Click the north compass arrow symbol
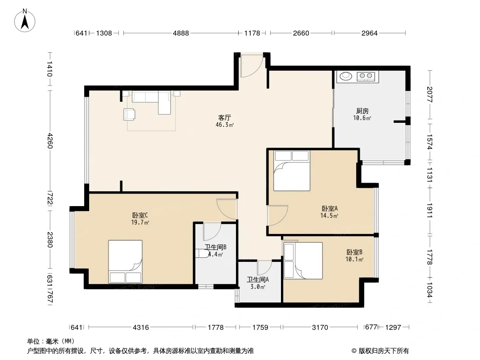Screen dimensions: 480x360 [25, 21]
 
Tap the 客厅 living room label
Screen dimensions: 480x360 [224, 118]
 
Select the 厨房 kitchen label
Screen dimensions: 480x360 [362, 111]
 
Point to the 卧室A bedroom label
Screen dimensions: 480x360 [330, 209]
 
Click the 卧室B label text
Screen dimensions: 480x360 [354, 252]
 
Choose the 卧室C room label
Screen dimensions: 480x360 [140, 216]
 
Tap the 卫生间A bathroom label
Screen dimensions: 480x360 [258, 279]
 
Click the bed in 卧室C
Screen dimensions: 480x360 [125, 262]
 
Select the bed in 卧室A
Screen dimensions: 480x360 [292, 171]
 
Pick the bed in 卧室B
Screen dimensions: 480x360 [303, 261]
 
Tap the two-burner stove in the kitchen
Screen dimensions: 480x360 [366, 76]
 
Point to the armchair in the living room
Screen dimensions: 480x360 [129, 114]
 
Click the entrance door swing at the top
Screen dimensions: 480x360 [252, 66]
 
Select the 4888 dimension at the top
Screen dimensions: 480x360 [181, 33]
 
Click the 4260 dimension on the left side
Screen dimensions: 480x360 [50, 141]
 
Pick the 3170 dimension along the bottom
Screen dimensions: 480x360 [320, 328]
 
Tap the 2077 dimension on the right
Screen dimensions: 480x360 [430, 94]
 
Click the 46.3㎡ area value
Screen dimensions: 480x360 [225, 125]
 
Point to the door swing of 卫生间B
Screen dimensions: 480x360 [212, 232]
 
